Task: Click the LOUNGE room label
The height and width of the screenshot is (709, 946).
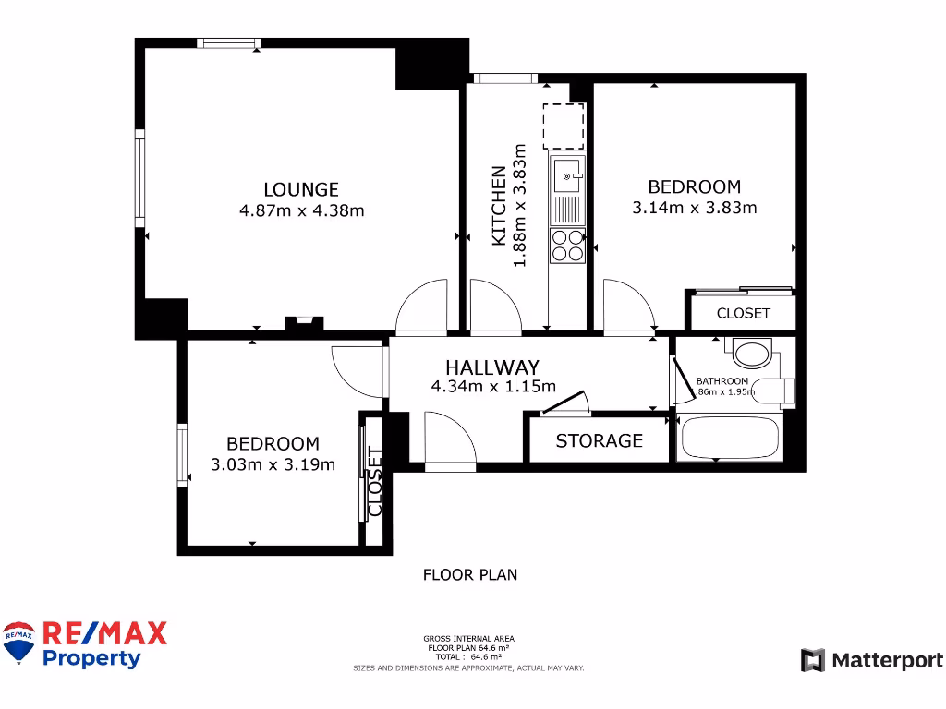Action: [301, 189]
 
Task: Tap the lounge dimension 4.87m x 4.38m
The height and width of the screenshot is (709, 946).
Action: [301, 210]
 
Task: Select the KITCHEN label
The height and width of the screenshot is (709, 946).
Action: [499, 206]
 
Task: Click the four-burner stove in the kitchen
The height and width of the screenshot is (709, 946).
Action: [566, 244]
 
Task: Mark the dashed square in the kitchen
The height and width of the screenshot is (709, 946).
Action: [564, 126]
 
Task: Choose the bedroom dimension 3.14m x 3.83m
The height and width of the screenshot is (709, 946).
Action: [694, 208]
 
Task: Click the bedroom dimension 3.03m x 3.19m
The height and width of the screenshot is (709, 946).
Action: [273, 464]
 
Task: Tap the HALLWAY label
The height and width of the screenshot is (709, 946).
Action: [492, 367]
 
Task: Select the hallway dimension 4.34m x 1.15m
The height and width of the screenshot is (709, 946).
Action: [492, 387]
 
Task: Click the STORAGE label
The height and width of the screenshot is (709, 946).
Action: [599, 441]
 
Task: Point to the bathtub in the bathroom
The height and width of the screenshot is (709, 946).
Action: [731, 438]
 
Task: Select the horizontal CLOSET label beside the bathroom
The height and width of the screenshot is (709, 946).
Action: [743, 313]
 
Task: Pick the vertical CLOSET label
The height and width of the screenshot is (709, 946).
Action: [375, 481]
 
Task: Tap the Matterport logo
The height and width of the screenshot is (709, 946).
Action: [872, 660]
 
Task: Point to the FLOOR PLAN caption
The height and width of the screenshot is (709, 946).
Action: [470, 575]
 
